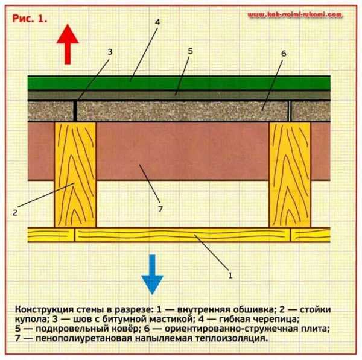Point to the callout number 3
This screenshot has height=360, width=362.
point(110,52)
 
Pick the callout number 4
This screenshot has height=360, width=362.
point(157,22)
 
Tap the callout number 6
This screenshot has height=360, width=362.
point(282,53)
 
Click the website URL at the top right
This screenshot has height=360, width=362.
point(295,14)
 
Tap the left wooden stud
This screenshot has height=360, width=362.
point(75,174)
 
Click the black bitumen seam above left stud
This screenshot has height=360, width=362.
point(75,110)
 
